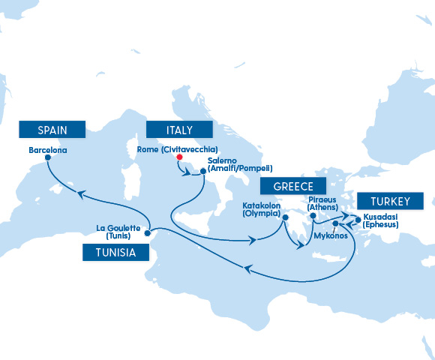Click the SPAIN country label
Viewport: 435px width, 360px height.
[52, 130]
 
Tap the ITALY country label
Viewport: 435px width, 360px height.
[180, 130]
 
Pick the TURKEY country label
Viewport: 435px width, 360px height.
[390, 201]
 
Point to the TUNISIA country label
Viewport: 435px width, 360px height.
[115, 253]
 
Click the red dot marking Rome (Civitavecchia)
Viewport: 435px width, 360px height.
[179, 158]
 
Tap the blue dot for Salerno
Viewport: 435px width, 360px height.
[202, 172]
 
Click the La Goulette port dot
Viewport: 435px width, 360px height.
[147, 232]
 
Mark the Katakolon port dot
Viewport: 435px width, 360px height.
[285, 218]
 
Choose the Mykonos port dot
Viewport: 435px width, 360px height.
[336, 224]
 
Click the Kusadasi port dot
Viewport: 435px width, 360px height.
[358, 220]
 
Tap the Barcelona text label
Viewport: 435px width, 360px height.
[47, 150]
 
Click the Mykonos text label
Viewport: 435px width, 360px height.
[330, 235]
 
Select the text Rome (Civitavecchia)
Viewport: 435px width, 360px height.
[178, 150]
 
